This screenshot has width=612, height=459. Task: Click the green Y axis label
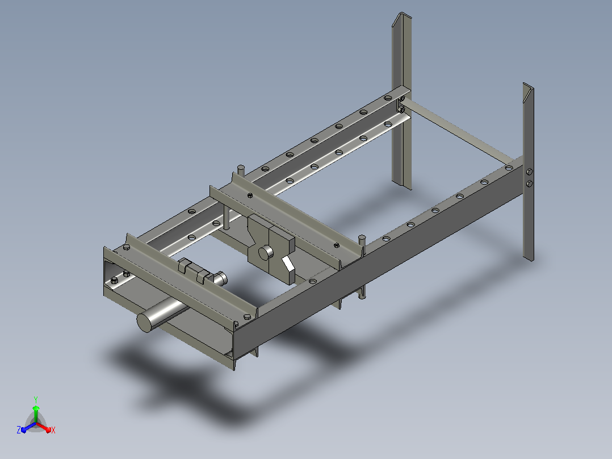pos(36,399)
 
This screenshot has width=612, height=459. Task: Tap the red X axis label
pos(53,430)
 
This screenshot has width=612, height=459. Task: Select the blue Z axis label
pos(19,429)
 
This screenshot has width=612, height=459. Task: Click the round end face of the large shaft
pos(144,322)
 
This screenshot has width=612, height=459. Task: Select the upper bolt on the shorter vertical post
pos(529,172)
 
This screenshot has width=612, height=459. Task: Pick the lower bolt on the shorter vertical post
pos(529,183)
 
